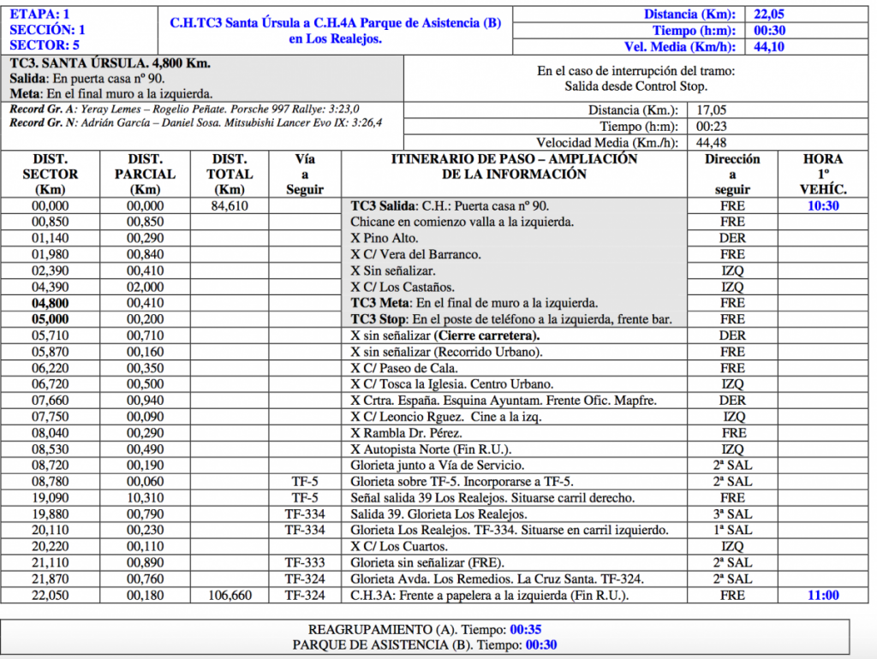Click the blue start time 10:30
pyautogui.click(x=823, y=206)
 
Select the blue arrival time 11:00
pyautogui.click(x=823, y=596)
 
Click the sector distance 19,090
pyautogui.click(x=51, y=498)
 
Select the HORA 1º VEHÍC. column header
pyautogui.click(x=823, y=174)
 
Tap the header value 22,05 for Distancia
pyautogui.click(x=769, y=14)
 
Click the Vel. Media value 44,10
pyautogui.click(x=769, y=46)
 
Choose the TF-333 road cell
pyautogui.click(x=305, y=563)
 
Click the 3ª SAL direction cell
pyautogui.click(x=733, y=514)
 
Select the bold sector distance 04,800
pyautogui.click(x=51, y=304)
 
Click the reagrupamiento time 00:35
pyautogui.click(x=527, y=629)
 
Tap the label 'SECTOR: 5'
pyautogui.click(x=40, y=45)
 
